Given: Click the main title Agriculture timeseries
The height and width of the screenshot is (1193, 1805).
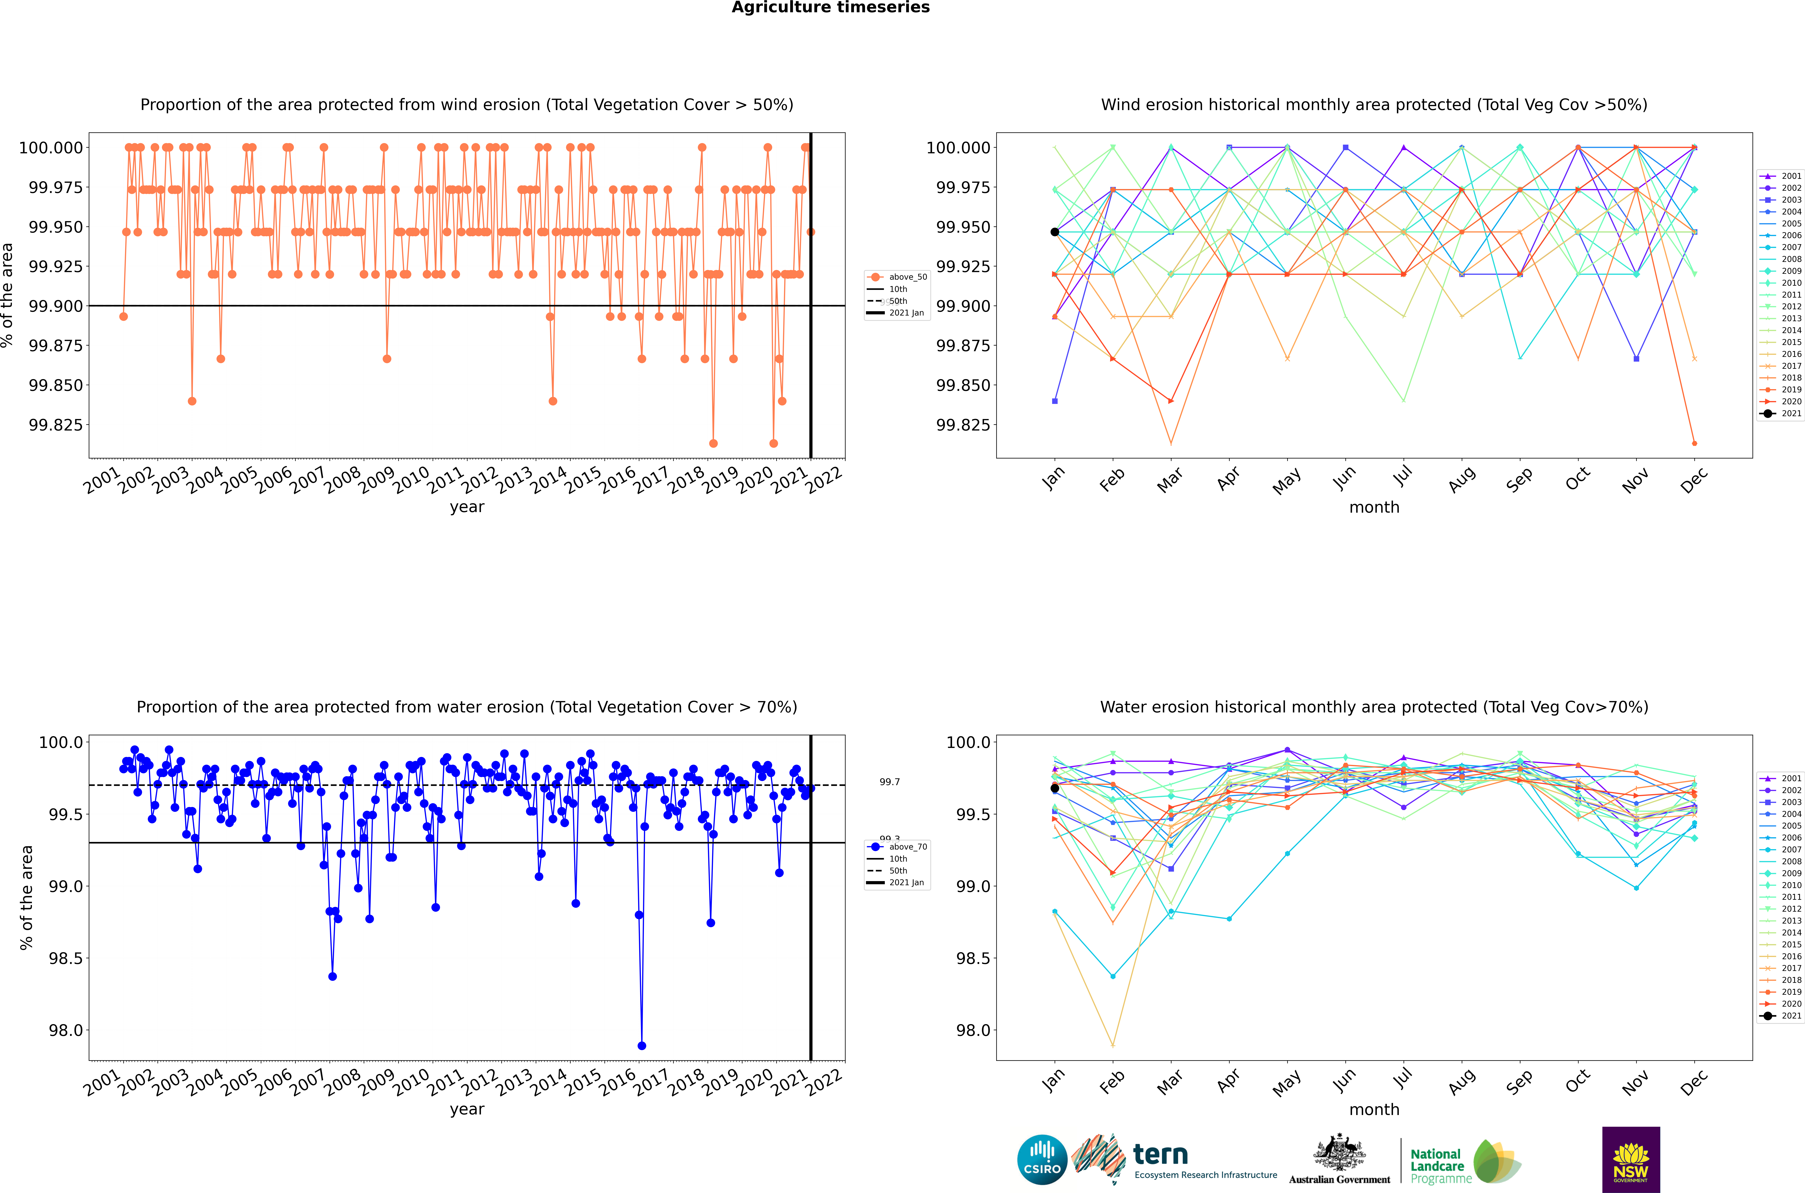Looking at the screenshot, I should pyautogui.click(x=831, y=8).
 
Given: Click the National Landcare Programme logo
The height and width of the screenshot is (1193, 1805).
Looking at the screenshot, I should pyautogui.click(x=1464, y=1162).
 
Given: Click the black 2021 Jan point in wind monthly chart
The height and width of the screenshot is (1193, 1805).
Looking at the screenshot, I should pyautogui.click(x=1054, y=232).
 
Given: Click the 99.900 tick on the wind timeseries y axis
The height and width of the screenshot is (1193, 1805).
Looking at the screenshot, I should pyautogui.click(x=56, y=306).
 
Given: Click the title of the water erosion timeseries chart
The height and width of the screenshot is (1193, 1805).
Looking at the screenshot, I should pyautogui.click(x=466, y=707).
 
